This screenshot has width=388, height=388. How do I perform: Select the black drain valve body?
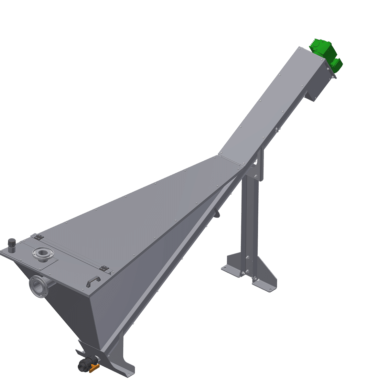click(x=85, y=364)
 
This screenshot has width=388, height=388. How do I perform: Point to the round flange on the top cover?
click(x=41, y=253)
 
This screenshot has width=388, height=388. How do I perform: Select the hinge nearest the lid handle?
click(x=104, y=268)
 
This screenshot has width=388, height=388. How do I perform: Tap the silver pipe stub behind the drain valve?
click(x=97, y=360)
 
